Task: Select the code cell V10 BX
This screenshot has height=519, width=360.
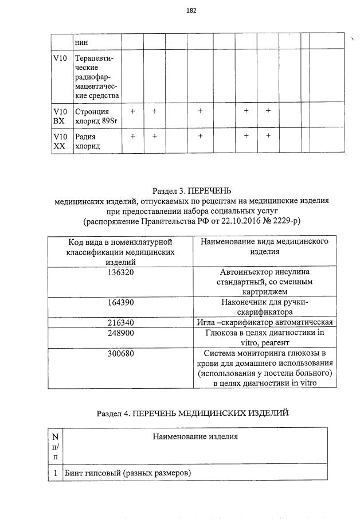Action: coord(60,115)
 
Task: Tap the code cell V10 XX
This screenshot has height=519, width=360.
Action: coord(60,141)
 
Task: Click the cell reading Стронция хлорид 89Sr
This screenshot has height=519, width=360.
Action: coord(92,115)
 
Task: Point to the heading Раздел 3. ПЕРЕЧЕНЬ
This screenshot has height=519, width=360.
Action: coord(191,191)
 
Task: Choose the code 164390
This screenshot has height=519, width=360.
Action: coord(120,302)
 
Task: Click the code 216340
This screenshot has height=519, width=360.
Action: coord(120,322)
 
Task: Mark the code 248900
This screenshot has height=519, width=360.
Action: coord(120,333)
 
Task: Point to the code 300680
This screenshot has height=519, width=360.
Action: coord(120,353)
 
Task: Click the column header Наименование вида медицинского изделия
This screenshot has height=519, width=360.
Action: coord(264,247)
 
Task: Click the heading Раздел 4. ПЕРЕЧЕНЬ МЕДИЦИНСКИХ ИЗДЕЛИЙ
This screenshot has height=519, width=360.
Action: coord(192,412)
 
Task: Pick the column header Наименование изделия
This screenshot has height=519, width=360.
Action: coord(195,437)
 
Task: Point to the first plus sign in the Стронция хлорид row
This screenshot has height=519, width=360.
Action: coord(132,111)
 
